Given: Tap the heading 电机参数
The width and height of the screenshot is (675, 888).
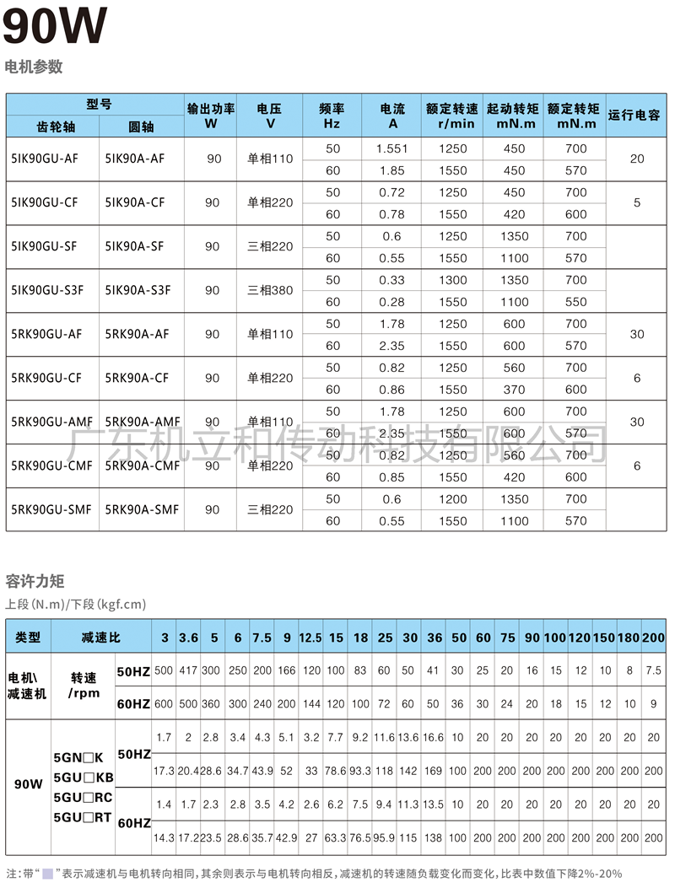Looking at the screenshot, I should click(x=34, y=67).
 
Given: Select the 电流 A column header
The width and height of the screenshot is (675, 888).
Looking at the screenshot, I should click(x=392, y=116).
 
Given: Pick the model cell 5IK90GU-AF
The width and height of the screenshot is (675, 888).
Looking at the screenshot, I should click(x=46, y=159).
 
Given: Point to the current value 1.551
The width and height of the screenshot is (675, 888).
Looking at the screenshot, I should click(x=392, y=148).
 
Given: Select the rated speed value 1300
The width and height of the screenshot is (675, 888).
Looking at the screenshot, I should click(x=452, y=280).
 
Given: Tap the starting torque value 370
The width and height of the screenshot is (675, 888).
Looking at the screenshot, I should click(x=514, y=390).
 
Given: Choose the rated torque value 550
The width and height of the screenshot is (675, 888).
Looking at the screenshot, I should click(x=575, y=302).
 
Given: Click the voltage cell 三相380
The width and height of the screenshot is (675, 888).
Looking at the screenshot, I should click(x=270, y=290).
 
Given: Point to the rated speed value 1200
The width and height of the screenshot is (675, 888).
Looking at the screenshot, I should click(x=452, y=499).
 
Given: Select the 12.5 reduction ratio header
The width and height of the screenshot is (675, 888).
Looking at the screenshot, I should click(x=310, y=638).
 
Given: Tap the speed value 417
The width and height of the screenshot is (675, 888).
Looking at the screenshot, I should click(x=189, y=670).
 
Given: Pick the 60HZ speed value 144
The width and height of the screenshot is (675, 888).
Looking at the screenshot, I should click(x=310, y=703).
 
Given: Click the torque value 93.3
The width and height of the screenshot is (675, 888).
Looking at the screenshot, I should click(x=360, y=771).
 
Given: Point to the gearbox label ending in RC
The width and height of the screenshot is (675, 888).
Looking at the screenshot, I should click(x=83, y=798).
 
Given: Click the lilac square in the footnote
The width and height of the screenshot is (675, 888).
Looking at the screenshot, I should click(x=47, y=874).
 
